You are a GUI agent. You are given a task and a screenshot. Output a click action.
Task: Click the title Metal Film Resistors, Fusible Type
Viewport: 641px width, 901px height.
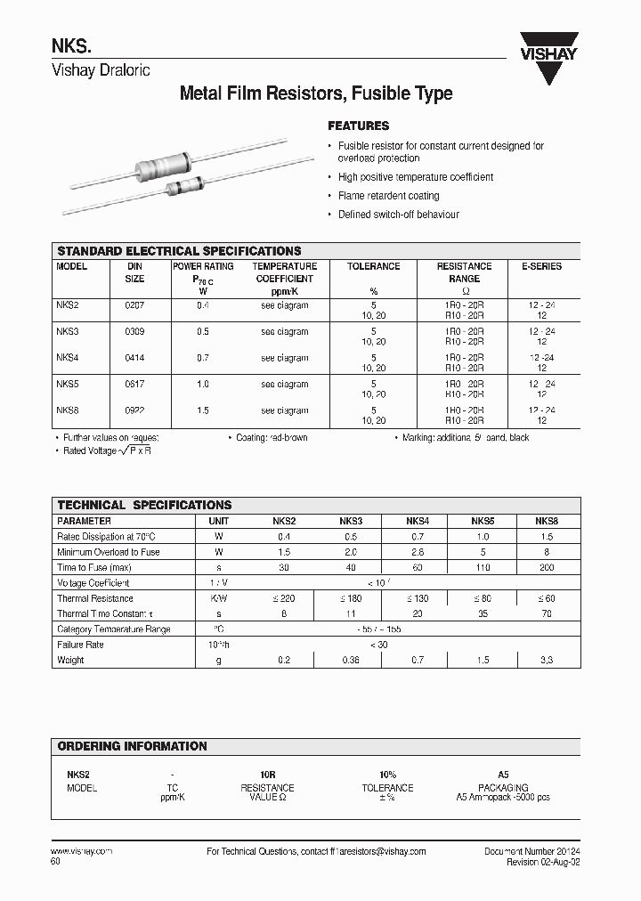(x=316, y=93)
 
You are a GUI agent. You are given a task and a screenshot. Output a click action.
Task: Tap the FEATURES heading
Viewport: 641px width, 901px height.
(x=358, y=126)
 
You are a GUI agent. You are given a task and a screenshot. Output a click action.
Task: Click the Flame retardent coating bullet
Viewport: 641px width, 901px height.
(x=388, y=196)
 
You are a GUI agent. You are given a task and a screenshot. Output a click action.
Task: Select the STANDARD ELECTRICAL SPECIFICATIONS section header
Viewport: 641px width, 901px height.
(x=179, y=251)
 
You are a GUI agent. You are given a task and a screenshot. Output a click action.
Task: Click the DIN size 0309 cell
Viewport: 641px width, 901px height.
(x=134, y=332)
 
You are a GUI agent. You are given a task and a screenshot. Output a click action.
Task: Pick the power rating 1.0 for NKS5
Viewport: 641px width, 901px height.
(x=203, y=385)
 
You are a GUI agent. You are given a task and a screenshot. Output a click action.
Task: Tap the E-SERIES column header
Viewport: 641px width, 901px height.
(x=541, y=266)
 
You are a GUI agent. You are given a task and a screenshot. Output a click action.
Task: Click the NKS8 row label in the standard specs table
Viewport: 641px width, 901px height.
(x=68, y=411)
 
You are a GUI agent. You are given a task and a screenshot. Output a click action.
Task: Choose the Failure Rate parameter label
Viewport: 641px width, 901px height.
(x=81, y=645)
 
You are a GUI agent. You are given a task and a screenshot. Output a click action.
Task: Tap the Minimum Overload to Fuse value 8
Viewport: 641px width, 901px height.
(x=547, y=553)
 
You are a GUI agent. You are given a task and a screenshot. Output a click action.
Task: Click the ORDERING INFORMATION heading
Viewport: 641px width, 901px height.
(x=133, y=746)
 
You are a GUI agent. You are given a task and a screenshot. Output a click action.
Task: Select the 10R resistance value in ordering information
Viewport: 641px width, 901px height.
(x=266, y=775)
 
